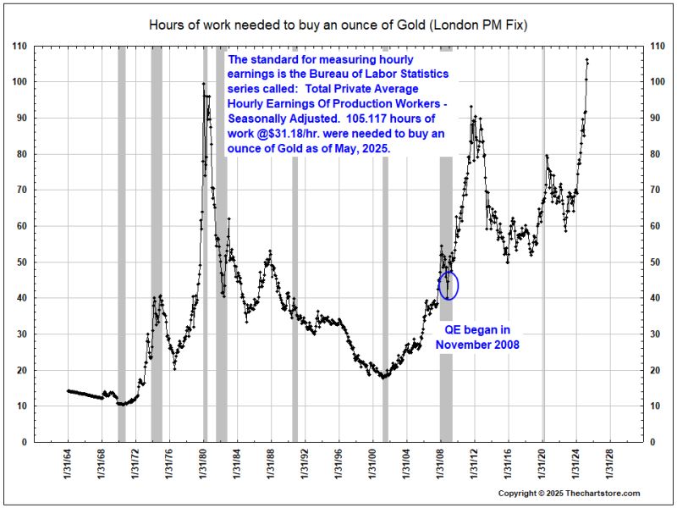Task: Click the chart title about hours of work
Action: click(338, 24)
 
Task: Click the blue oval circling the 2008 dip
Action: click(449, 284)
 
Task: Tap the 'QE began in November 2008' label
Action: click(477, 337)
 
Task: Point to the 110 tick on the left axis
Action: click(19, 46)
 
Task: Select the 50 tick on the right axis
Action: click(656, 262)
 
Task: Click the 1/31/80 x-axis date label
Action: click(203, 470)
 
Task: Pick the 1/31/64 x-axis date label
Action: click(69, 470)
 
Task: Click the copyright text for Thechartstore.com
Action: click(569, 493)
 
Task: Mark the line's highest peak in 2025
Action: click(587, 60)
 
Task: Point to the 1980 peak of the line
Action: click(203, 83)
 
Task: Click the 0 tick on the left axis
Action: click(24, 442)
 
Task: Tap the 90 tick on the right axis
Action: click(656, 118)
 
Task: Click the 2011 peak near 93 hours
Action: click(471, 108)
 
